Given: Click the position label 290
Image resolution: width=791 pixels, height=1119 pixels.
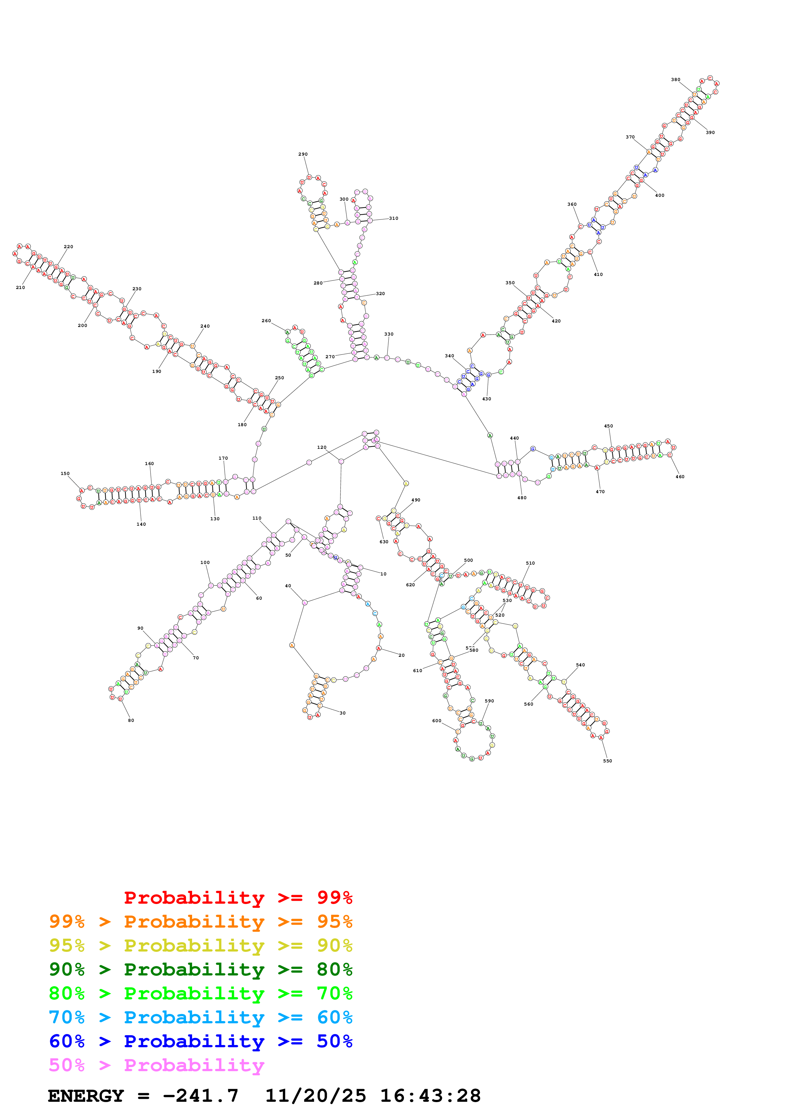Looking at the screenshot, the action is coord(303,154).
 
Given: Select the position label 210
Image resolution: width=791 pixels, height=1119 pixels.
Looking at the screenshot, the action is coord(20,287).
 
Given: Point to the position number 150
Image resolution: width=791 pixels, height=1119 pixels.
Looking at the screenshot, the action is coord(65,473).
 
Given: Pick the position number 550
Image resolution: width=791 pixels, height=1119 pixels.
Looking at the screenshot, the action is coord(607,761).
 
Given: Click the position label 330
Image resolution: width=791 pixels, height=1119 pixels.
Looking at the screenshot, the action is coord(388,334).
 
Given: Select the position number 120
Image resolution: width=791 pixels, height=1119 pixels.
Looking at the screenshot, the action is coord(322,448).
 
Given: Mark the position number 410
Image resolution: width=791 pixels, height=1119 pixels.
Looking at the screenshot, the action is coord(598,274).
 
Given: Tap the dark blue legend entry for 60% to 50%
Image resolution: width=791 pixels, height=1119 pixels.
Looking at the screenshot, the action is coord(200,1041).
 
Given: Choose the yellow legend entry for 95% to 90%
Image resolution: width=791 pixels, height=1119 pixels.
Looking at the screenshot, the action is coord(200,945).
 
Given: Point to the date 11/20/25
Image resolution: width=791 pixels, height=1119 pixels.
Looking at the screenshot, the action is coord(315,1096).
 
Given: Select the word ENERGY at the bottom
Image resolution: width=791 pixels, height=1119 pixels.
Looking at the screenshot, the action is coord(86,1096).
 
